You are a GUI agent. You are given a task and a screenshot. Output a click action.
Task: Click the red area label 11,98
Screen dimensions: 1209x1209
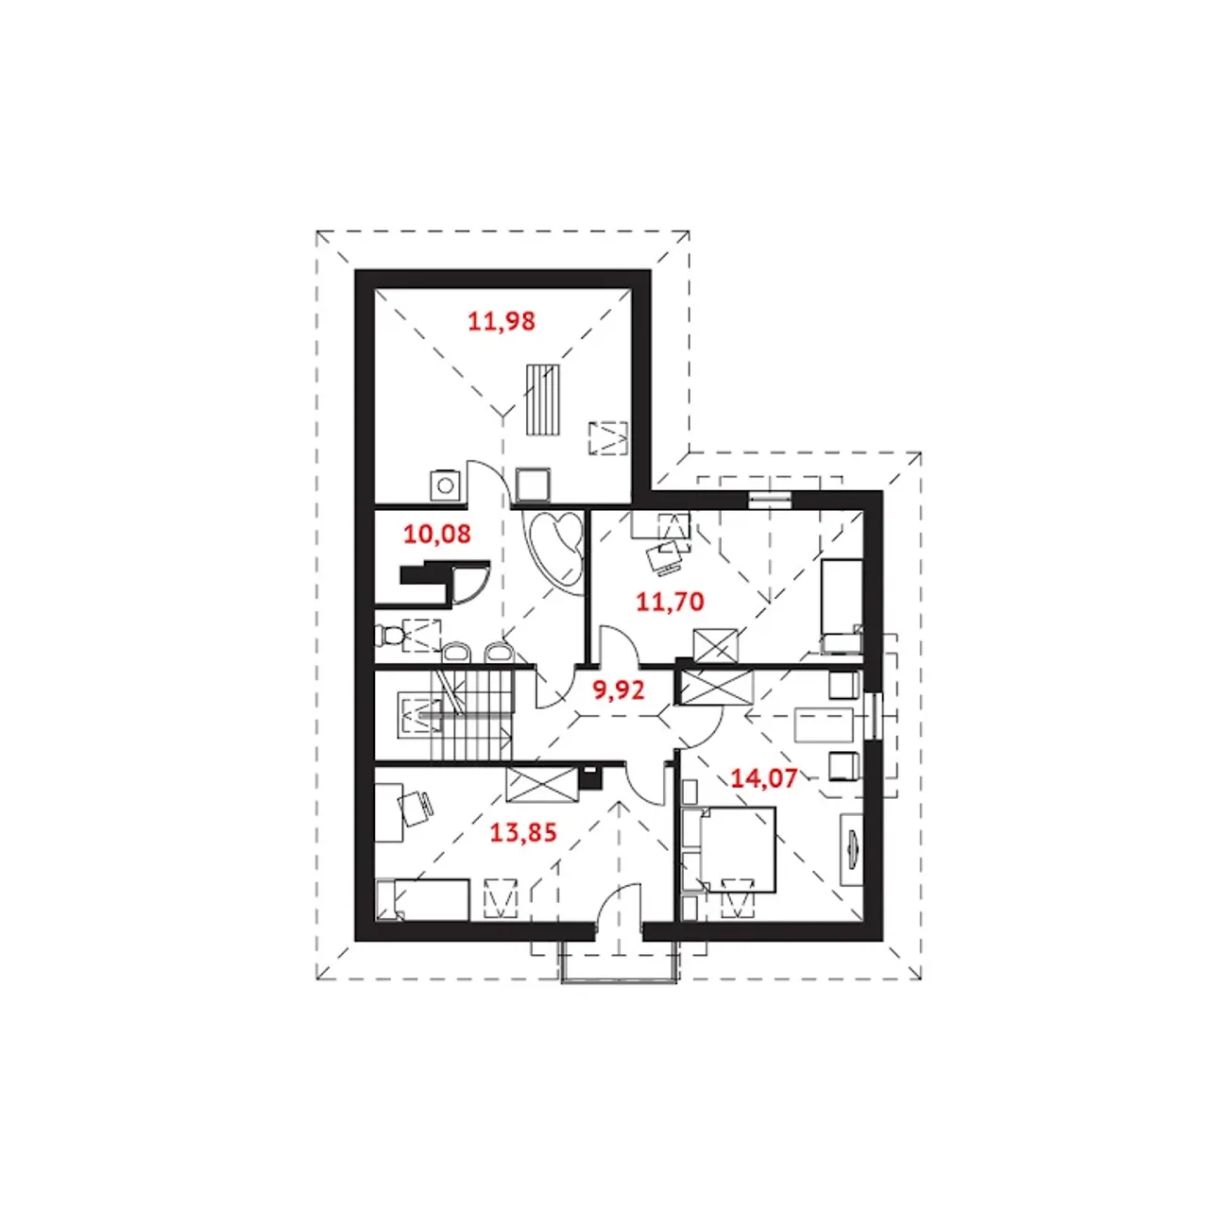click(x=502, y=321)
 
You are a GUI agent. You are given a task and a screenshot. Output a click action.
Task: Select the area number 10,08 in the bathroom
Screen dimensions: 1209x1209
click(x=436, y=535)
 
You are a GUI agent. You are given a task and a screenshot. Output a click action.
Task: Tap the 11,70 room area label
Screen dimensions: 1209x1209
click(x=670, y=602)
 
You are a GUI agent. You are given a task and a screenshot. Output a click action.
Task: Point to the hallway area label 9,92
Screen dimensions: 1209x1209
click(x=619, y=690)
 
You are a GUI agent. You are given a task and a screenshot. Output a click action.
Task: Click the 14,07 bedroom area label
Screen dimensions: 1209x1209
click(x=763, y=778)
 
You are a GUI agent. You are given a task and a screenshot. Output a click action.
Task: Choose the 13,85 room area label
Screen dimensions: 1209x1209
click(x=522, y=832)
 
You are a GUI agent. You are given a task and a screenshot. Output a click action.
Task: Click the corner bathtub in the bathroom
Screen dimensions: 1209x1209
click(x=556, y=547)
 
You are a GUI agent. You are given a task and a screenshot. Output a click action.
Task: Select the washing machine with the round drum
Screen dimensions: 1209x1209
click(x=446, y=485)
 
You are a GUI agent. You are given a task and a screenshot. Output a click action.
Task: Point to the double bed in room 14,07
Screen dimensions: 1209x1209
click(x=729, y=849)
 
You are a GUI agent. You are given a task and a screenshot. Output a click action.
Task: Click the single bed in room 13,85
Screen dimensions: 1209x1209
click(x=422, y=900)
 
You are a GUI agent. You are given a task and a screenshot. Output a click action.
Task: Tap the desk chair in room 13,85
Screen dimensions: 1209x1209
click(x=416, y=809)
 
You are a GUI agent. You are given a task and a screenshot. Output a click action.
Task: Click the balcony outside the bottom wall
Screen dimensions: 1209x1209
click(x=619, y=960)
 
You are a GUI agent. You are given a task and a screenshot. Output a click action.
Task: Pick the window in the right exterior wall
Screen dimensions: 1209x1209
click(x=873, y=716)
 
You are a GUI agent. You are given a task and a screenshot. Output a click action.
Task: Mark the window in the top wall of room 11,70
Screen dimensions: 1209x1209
click(x=770, y=500)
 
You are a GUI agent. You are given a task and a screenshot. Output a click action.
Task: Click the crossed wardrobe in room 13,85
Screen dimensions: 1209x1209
click(x=541, y=784)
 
